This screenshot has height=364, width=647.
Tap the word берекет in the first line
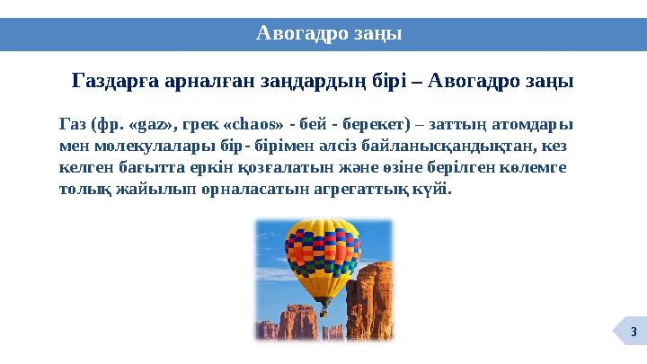[367, 124]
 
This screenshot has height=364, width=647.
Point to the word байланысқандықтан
[453, 146]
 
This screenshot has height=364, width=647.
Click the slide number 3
[634, 335]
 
